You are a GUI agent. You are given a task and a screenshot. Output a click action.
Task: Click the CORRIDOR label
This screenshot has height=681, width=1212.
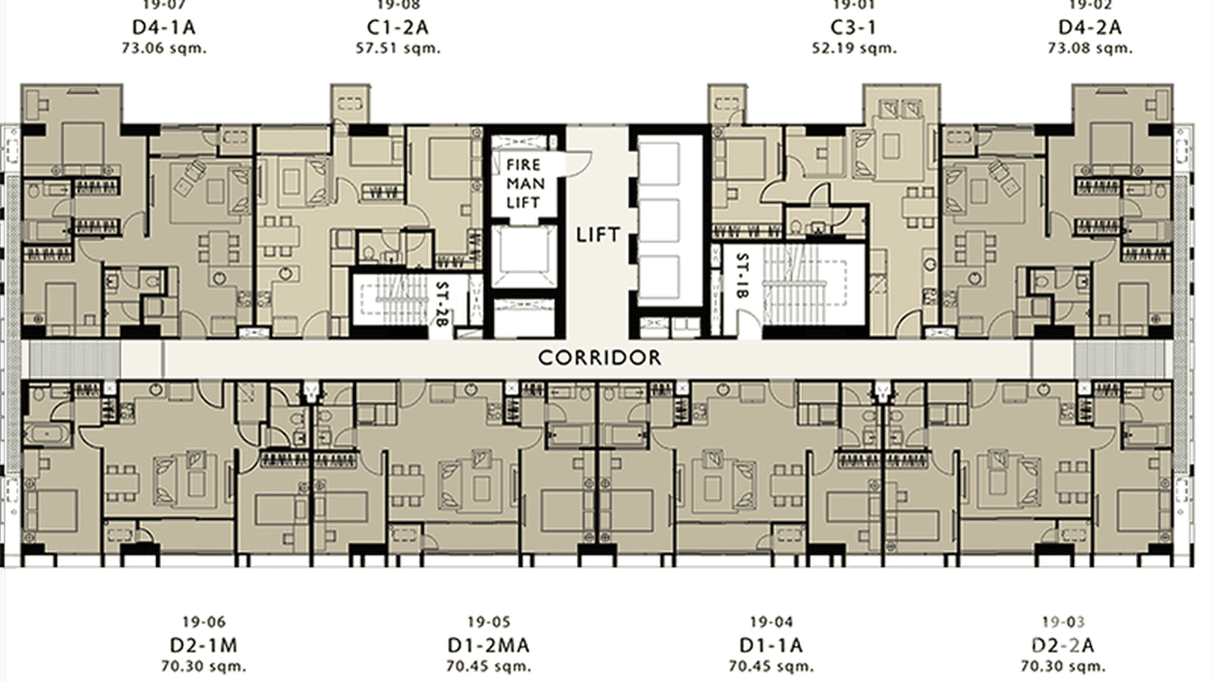(x=600, y=359)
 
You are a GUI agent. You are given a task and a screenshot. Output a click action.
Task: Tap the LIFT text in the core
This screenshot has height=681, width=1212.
(x=598, y=235)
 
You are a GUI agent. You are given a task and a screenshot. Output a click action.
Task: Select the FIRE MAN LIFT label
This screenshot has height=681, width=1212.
(x=523, y=183)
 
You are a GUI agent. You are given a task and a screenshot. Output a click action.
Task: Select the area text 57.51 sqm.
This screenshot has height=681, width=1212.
(x=398, y=48)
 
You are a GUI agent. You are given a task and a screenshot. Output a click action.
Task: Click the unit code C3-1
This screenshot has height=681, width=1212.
(x=853, y=27)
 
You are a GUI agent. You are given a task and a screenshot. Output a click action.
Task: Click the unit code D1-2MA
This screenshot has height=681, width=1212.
(x=489, y=645)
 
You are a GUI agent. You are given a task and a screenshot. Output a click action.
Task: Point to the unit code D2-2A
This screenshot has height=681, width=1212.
(x=1063, y=645)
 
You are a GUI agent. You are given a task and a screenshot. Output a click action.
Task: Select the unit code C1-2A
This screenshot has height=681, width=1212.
(x=398, y=27)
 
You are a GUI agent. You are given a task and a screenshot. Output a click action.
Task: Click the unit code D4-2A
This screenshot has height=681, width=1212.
(x=1089, y=27)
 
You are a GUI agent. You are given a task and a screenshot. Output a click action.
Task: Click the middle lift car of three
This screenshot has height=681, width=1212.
(x=669, y=218)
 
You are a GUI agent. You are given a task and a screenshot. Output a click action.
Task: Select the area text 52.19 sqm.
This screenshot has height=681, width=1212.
(x=853, y=48)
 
